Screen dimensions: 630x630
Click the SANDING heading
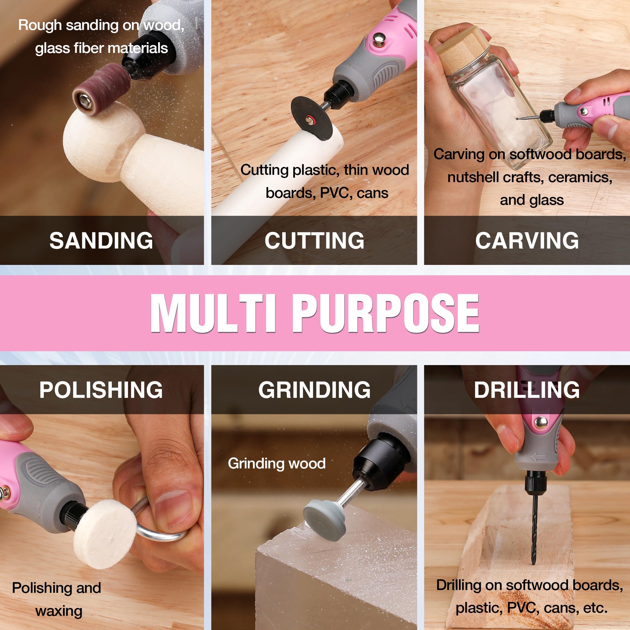coord(101,241)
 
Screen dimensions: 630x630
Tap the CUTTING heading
coord(314,241)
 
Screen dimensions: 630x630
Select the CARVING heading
coord(527,241)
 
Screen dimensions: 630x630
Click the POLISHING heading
coord(101,390)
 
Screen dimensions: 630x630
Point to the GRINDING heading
coord(314,390)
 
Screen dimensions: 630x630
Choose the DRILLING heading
coord(527,390)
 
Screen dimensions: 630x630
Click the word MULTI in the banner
coord(214,313)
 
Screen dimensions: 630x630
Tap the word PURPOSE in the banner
coord(386,313)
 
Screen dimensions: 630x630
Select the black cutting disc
coord(311,119)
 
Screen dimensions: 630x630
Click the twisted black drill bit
coord(534,531)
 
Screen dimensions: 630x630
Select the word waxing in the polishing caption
coord(59,611)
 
